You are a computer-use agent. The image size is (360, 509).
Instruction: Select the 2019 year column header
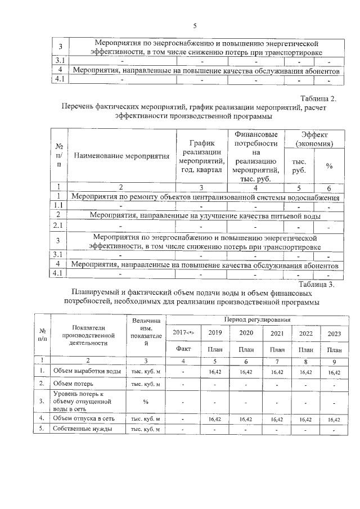(215, 333)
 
